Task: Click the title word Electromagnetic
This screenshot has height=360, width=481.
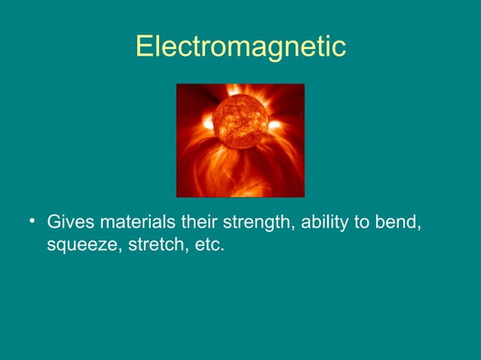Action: (240, 46)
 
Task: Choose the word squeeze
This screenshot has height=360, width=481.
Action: (78, 246)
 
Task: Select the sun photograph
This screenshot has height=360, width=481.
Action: (240, 140)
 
